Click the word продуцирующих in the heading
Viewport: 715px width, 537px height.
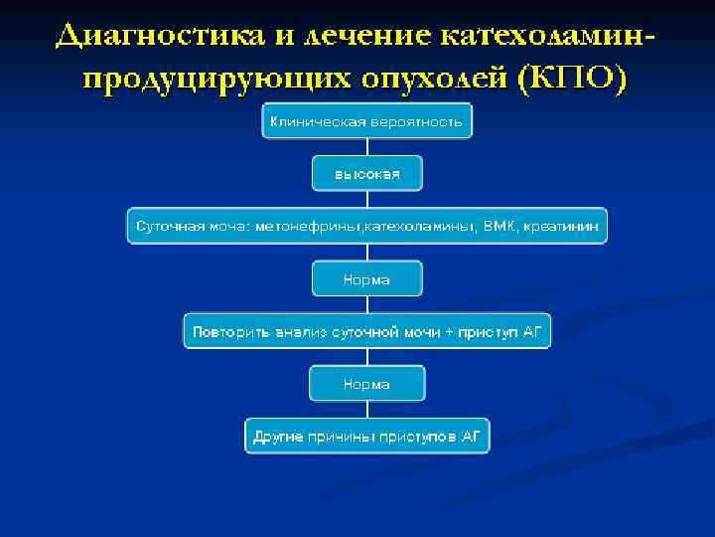pyautogui.click(x=208, y=79)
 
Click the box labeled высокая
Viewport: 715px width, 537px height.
pyautogui.click(x=367, y=174)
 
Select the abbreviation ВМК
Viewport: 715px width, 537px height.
pyautogui.click(x=501, y=227)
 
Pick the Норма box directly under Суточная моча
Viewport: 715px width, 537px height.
pyautogui.click(x=367, y=279)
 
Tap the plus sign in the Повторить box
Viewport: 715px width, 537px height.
pyautogui.click(x=449, y=331)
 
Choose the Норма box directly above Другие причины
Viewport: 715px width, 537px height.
pyautogui.click(x=367, y=384)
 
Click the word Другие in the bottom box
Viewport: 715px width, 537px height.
pyautogui.click(x=277, y=437)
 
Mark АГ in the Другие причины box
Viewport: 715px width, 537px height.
pyautogui.click(x=470, y=437)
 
